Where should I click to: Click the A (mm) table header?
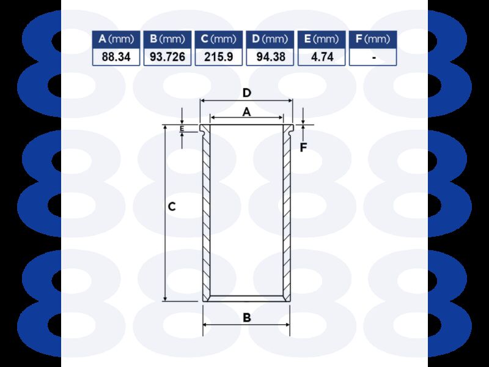tap(116, 39)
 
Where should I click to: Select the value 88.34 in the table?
tap(116, 57)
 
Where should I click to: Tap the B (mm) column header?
tap(167, 39)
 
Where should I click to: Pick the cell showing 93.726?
tap(167, 57)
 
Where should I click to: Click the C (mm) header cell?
tap(219, 39)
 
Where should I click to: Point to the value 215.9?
tap(219, 57)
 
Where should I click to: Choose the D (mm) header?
tap(270, 39)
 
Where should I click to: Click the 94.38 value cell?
tap(270, 57)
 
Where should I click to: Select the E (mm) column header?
tap(322, 39)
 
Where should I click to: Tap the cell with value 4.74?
tap(322, 57)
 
